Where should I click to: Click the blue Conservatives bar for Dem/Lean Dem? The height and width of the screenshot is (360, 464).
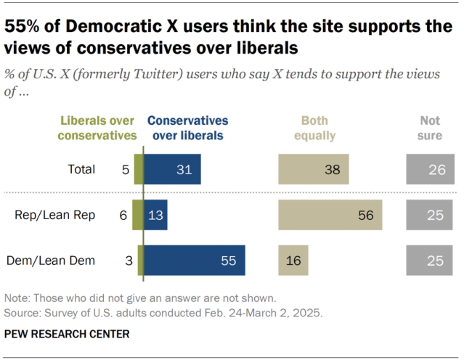click(195, 261)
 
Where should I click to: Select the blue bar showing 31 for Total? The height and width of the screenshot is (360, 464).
click(172, 169)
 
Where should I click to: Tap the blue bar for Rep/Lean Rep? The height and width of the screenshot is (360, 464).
click(155, 215)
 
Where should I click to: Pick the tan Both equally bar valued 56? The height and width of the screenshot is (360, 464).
click(330, 215)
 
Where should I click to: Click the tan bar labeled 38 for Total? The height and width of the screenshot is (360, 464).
click(313, 169)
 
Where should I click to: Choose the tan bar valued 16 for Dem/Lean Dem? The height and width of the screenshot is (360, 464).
click(293, 261)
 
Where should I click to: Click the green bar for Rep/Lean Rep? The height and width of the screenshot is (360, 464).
click(138, 215)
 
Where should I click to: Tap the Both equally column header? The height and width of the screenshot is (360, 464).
click(314, 127)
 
